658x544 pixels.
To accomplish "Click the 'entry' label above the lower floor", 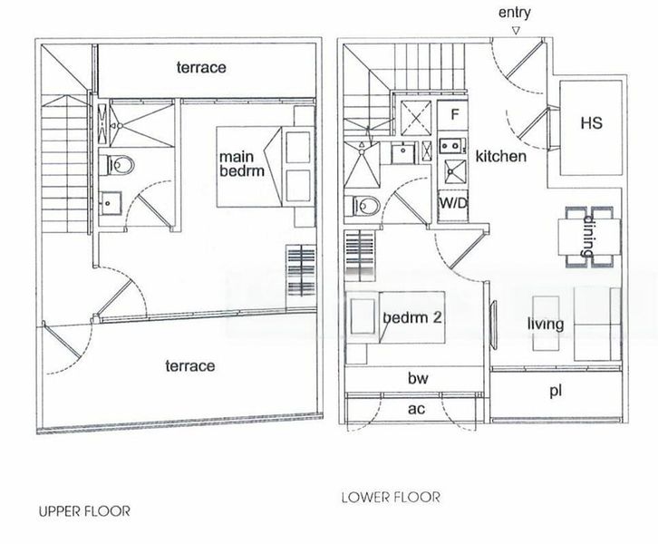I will tap(514, 13).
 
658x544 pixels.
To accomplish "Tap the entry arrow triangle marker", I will tap(515, 31).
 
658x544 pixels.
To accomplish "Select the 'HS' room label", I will tap(590, 122).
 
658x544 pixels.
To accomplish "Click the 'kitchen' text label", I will tap(500, 156).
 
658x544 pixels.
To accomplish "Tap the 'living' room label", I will tap(545, 324).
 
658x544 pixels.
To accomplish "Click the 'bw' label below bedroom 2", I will tap(417, 378).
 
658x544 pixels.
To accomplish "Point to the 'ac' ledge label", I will tap(416, 409).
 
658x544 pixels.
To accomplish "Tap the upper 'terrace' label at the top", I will tap(201, 67).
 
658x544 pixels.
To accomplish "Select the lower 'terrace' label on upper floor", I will tap(190, 365).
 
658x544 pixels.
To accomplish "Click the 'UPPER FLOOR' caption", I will tap(84, 511).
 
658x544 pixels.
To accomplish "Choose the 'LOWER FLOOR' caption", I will tap(391, 497).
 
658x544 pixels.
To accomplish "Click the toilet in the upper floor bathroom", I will tap(120, 165).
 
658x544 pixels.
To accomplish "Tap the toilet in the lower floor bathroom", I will tap(365, 206).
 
